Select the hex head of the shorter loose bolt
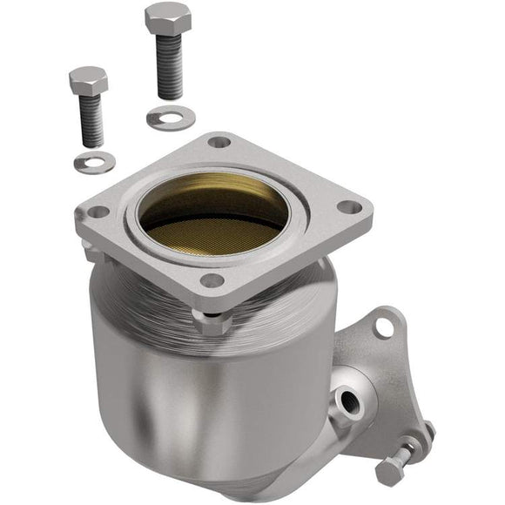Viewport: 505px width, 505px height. (88, 81)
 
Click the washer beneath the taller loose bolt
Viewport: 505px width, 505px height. (170, 118)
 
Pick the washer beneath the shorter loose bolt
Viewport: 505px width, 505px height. (95, 161)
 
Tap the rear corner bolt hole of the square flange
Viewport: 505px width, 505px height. (219, 142)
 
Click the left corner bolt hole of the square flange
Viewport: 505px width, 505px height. (98, 212)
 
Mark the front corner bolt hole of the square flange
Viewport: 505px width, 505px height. (212, 280)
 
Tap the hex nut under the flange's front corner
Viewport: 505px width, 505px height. (212, 323)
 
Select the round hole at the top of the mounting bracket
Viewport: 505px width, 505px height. (383, 327)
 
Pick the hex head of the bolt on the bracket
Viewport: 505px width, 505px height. (388, 472)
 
